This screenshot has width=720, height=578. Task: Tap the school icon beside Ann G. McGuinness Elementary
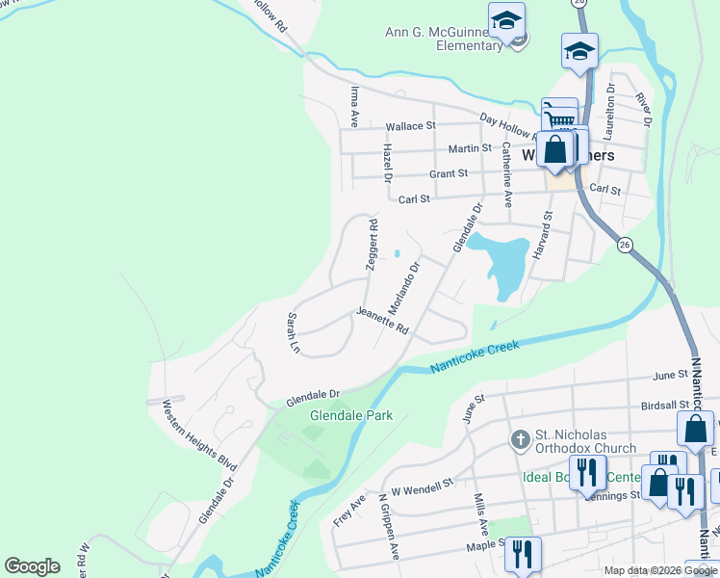[506, 21]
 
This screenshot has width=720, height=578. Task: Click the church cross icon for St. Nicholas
[520, 440]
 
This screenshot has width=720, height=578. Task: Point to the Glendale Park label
[350, 415]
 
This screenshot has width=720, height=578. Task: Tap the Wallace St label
[411, 126]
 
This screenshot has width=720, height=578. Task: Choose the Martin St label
[471, 149]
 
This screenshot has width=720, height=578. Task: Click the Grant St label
[448, 174]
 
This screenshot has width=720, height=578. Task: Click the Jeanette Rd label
[382, 321]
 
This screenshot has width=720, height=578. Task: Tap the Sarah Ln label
[293, 332]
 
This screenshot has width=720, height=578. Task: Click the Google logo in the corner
[32, 565]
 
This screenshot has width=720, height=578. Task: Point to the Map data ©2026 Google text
[660, 570]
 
